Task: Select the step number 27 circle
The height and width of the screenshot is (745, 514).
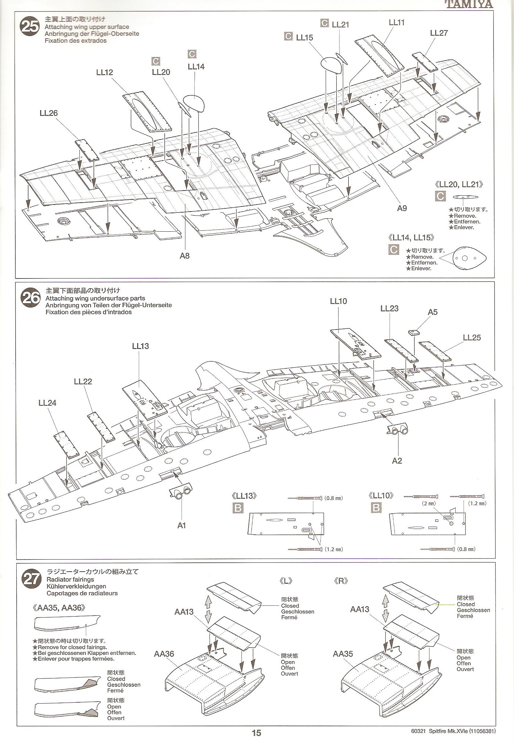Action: [31, 579]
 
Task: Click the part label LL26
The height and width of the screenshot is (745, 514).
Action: [48, 113]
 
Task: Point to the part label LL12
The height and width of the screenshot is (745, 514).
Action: [104, 72]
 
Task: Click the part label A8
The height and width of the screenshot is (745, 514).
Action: [184, 256]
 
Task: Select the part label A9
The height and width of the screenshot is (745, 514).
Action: [402, 208]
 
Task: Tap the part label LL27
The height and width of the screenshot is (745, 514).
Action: [439, 33]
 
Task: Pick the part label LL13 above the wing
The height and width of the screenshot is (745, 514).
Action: [140, 346]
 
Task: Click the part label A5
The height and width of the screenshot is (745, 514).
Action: [433, 312]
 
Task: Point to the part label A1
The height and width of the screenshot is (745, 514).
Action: [182, 525]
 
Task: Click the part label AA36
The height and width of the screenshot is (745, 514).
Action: [164, 654]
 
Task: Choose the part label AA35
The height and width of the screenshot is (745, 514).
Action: [343, 654]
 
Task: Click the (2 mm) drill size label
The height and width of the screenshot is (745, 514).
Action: [429, 503]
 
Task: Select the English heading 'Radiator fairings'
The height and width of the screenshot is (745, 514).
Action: [70, 579]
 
